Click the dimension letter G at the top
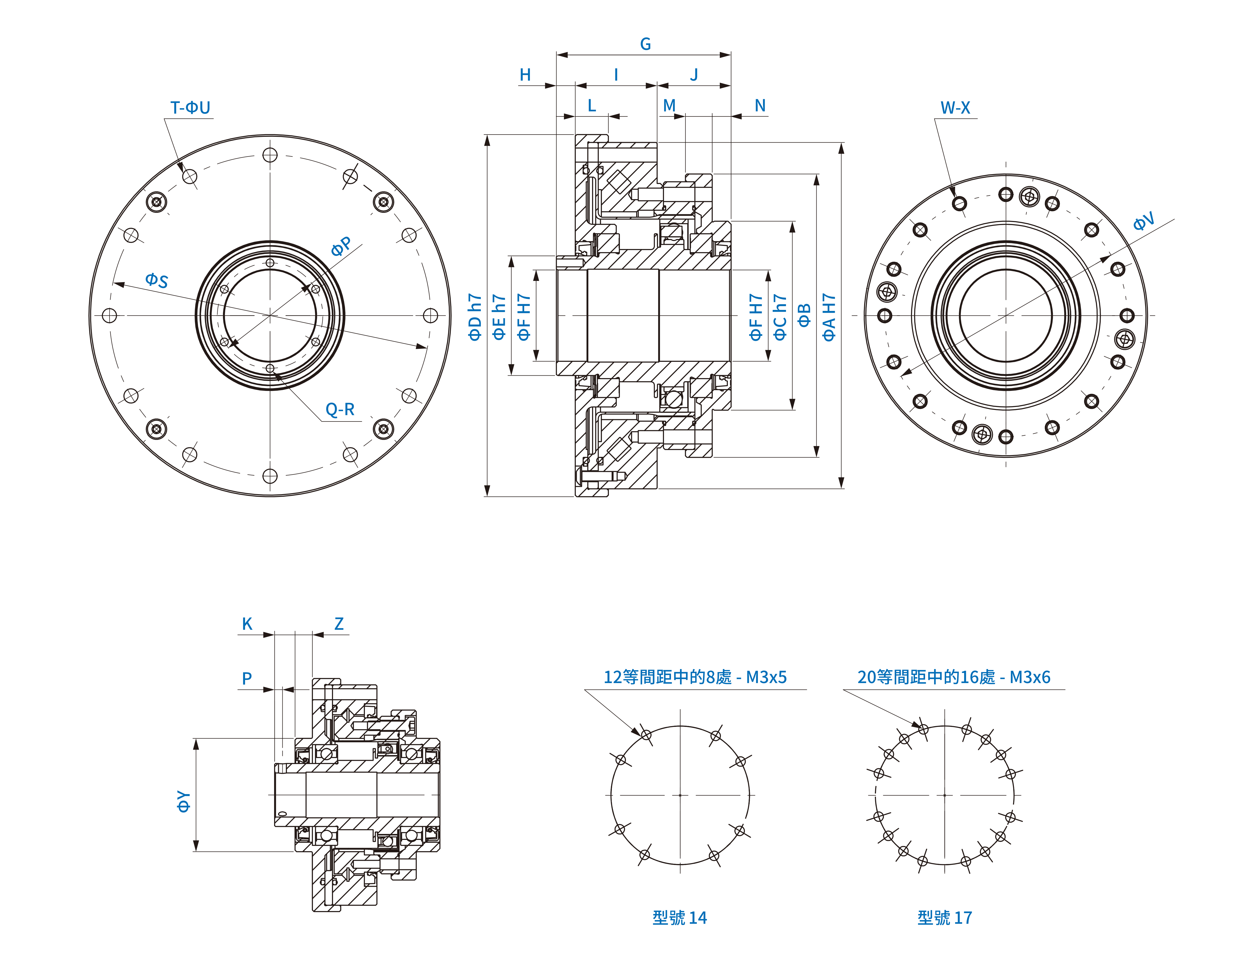(x=645, y=44)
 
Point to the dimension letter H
(x=525, y=75)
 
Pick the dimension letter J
(x=694, y=75)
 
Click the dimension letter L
(x=592, y=105)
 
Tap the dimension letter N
(x=760, y=105)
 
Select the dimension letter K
(x=247, y=624)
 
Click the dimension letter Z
(x=339, y=624)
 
